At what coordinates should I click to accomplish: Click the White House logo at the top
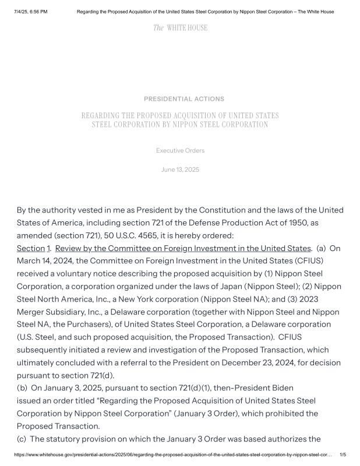tap(180, 28)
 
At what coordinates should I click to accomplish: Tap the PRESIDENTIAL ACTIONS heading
tap(183, 99)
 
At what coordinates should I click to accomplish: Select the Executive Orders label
tap(180, 151)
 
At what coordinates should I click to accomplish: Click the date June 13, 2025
tap(180, 170)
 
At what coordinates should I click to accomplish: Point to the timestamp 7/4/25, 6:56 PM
tap(31, 12)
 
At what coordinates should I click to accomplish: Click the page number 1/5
tap(343, 455)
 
